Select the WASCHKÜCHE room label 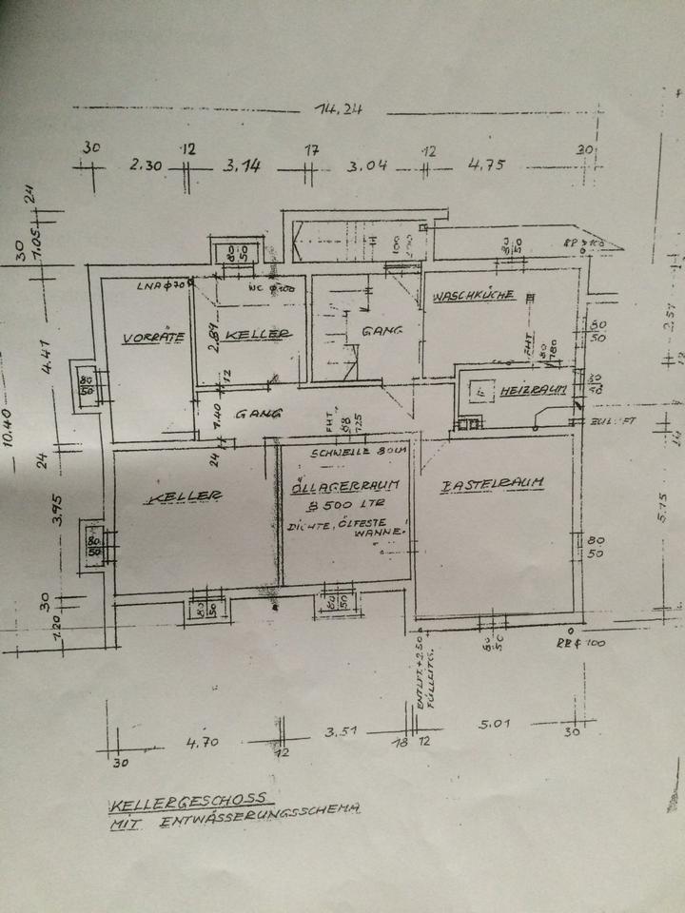[474, 296]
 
